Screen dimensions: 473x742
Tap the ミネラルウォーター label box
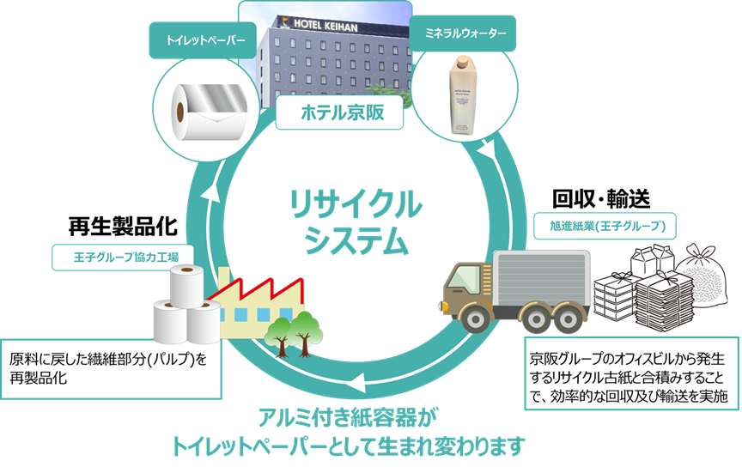pyautogui.click(x=465, y=34)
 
